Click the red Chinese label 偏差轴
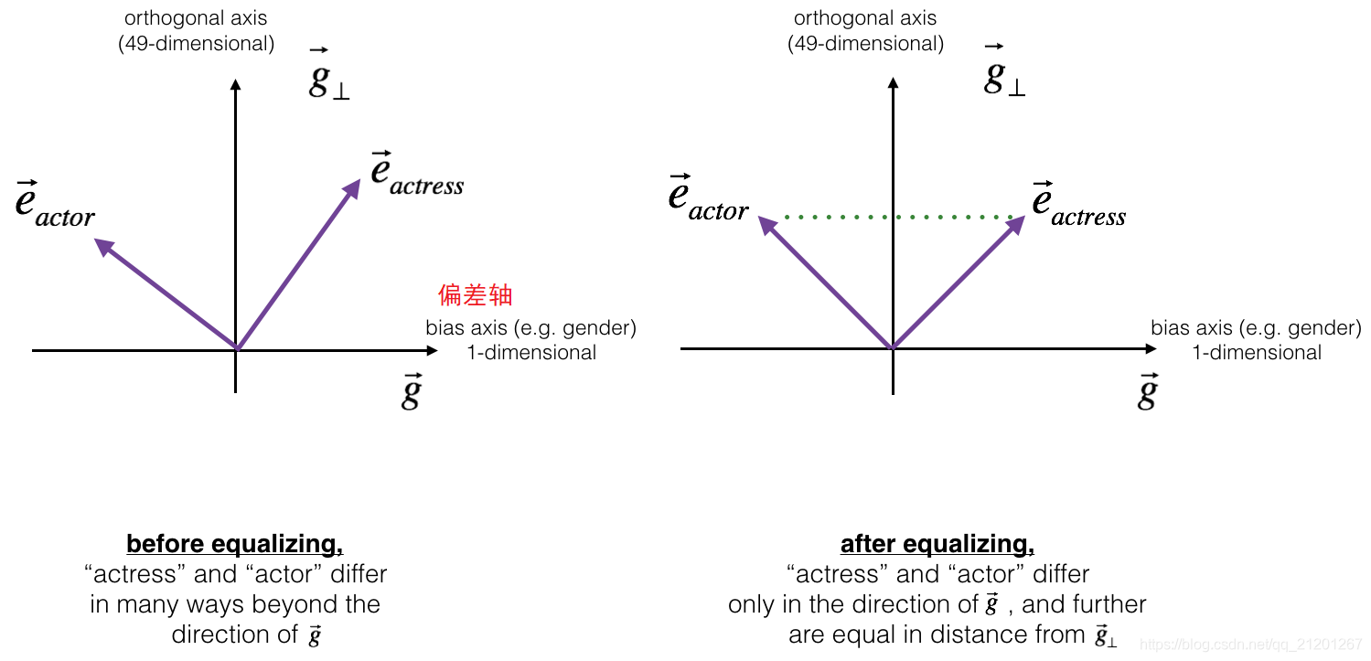click(x=476, y=295)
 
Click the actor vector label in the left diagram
click(x=56, y=204)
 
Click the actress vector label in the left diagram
click(x=417, y=173)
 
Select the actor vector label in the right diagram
click(x=709, y=197)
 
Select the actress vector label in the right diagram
click(x=1078, y=203)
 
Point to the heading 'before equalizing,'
click(x=235, y=544)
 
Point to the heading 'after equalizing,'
click(x=937, y=544)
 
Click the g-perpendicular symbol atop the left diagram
click(x=329, y=77)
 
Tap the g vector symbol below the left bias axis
click(x=412, y=391)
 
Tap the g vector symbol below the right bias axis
click(x=1147, y=391)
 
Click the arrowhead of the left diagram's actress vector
click(x=353, y=187)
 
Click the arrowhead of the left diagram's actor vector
click(x=103, y=245)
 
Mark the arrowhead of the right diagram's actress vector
click(x=1015, y=224)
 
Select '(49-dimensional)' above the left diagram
click(x=197, y=43)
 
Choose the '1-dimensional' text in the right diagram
click(x=1257, y=352)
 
